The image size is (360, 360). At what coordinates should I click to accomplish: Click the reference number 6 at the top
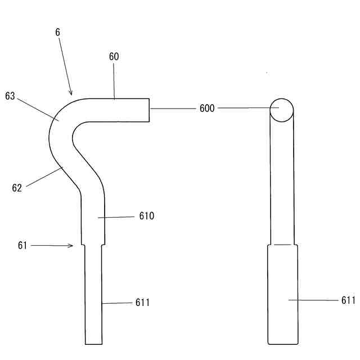point(57,33)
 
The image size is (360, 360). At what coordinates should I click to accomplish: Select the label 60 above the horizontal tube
point(114,56)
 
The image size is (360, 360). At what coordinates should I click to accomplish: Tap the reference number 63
point(10,96)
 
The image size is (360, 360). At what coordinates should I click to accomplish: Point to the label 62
point(17,188)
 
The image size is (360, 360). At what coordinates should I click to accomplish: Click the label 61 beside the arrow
point(22,245)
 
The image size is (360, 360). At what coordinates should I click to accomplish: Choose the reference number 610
point(147,215)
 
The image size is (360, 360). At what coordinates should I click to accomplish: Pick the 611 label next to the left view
point(142,303)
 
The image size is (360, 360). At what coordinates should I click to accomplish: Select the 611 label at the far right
point(348,300)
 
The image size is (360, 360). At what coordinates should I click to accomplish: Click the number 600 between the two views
point(207,108)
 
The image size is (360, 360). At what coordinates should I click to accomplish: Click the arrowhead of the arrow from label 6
point(71,93)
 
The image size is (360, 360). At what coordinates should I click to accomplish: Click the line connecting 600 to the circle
point(245,108)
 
